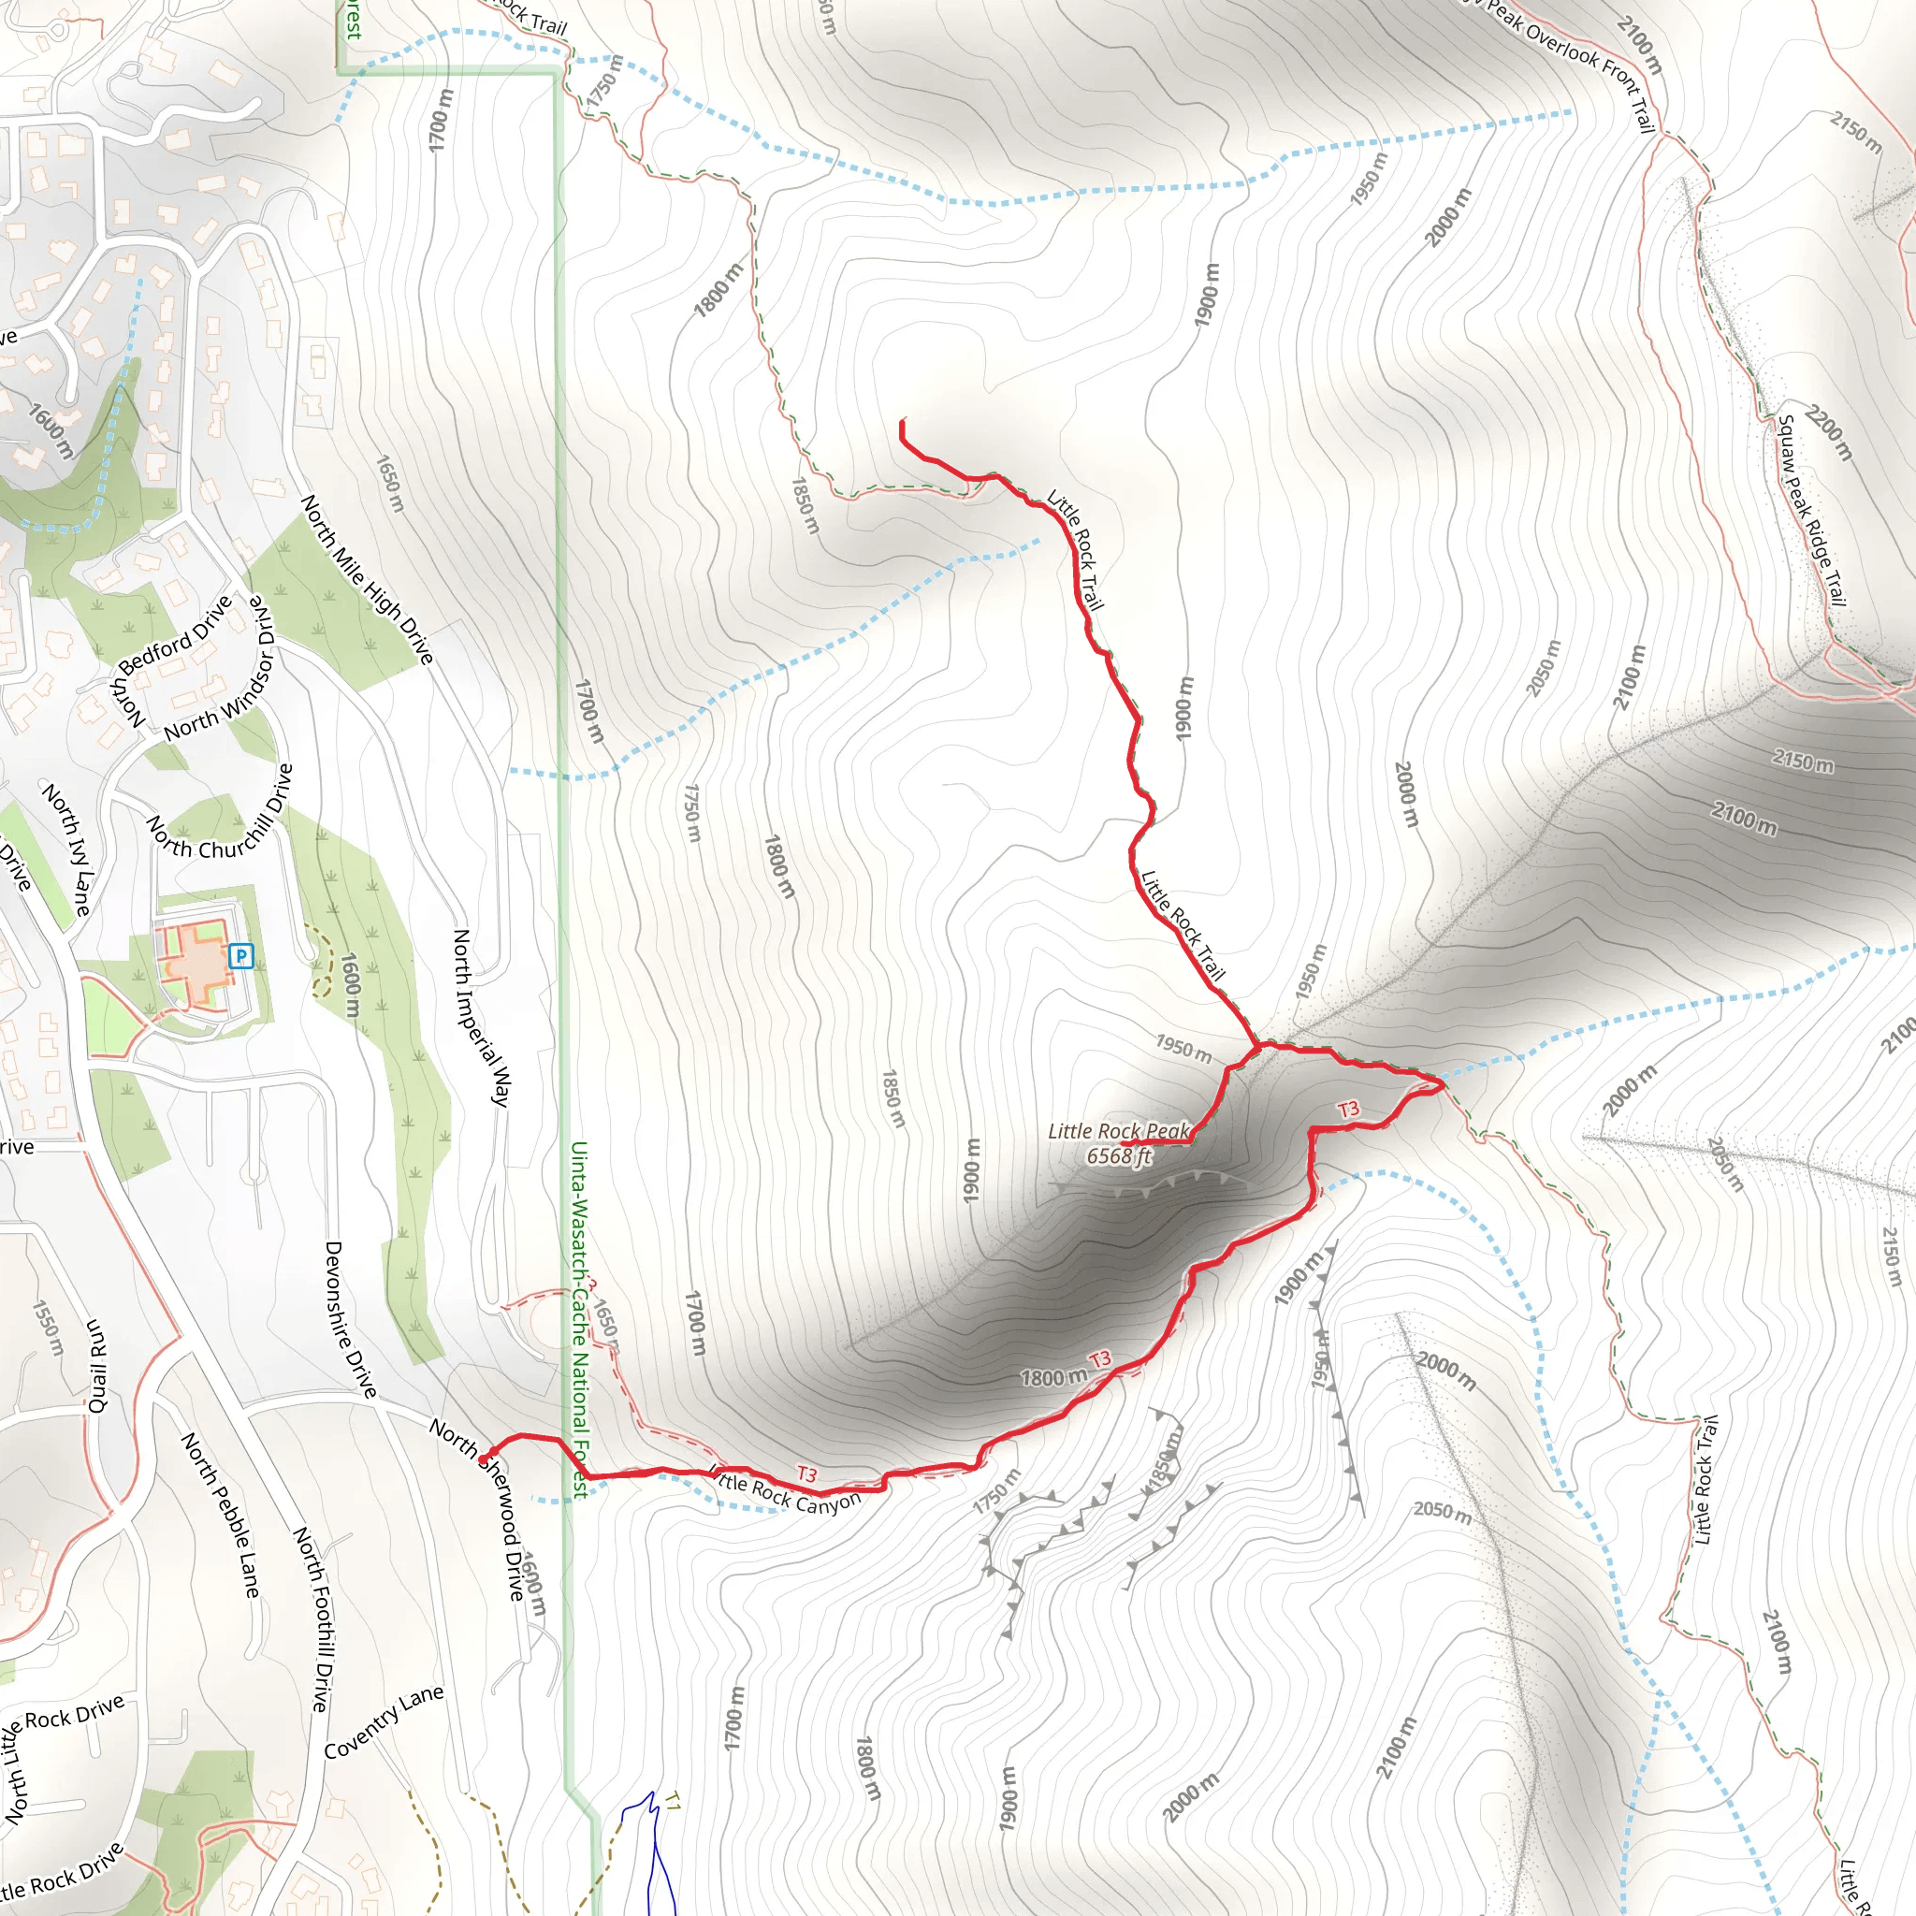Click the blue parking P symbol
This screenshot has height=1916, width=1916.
pos(241,957)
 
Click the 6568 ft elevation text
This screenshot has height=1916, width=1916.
pos(1119,1156)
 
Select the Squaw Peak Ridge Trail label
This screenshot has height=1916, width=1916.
pos(1811,511)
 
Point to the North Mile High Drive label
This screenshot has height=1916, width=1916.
pos(367,579)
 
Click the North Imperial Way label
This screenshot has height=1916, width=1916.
pos(481,1018)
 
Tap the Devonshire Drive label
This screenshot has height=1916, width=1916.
pos(350,1320)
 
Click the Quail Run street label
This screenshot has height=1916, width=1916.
pos(96,1366)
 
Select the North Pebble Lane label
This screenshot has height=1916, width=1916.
pos(220,1516)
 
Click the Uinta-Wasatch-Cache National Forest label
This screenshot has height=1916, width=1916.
pos(579,1319)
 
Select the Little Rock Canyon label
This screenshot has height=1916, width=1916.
pos(786,1489)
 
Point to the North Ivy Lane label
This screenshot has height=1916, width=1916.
pos(66,849)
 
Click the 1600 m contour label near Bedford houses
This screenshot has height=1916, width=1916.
pos(51,430)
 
